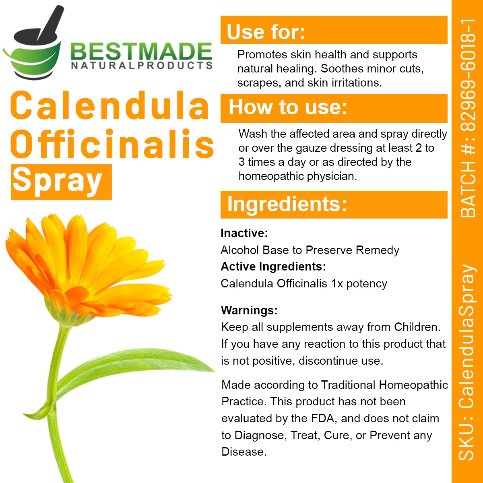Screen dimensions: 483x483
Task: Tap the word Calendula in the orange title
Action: [x=109, y=105]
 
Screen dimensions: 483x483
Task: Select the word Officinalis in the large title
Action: [x=113, y=144]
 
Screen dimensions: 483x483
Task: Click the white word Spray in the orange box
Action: [x=58, y=181]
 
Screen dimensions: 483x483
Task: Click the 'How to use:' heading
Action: [x=288, y=108]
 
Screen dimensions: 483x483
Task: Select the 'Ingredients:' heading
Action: [x=287, y=204]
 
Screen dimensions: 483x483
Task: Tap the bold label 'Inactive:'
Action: [x=244, y=233]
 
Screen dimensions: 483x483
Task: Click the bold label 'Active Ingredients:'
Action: [x=273, y=266]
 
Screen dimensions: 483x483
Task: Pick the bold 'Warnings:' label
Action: [x=249, y=310]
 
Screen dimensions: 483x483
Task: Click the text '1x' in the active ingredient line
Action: [x=337, y=283]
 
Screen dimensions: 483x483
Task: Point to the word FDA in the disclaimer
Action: [x=323, y=418]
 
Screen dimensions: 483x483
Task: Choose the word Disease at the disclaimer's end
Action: [x=243, y=452]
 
